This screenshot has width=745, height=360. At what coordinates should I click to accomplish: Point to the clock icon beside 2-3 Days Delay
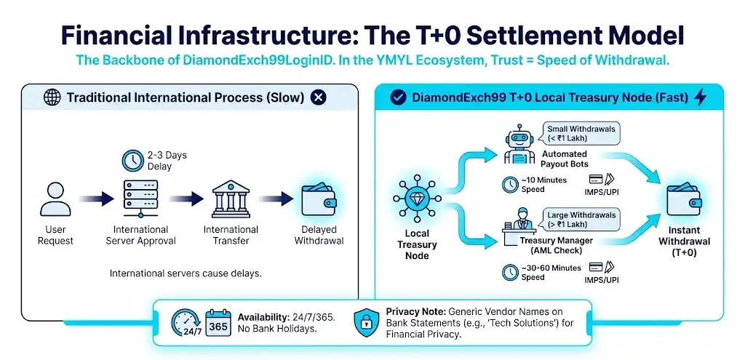click(x=132, y=160)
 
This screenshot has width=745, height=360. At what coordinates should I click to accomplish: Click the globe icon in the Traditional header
click(x=51, y=97)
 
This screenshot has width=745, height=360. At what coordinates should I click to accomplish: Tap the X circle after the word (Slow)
click(x=318, y=97)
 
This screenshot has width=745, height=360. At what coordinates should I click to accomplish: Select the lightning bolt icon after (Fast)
click(x=701, y=97)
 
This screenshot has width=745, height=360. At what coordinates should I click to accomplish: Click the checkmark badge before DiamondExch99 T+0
click(x=398, y=97)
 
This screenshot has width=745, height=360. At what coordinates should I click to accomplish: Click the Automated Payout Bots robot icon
click(x=519, y=146)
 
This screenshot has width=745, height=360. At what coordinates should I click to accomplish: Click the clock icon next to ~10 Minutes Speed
click(x=511, y=185)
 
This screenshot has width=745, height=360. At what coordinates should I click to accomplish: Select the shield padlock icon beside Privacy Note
click(x=367, y=323)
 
